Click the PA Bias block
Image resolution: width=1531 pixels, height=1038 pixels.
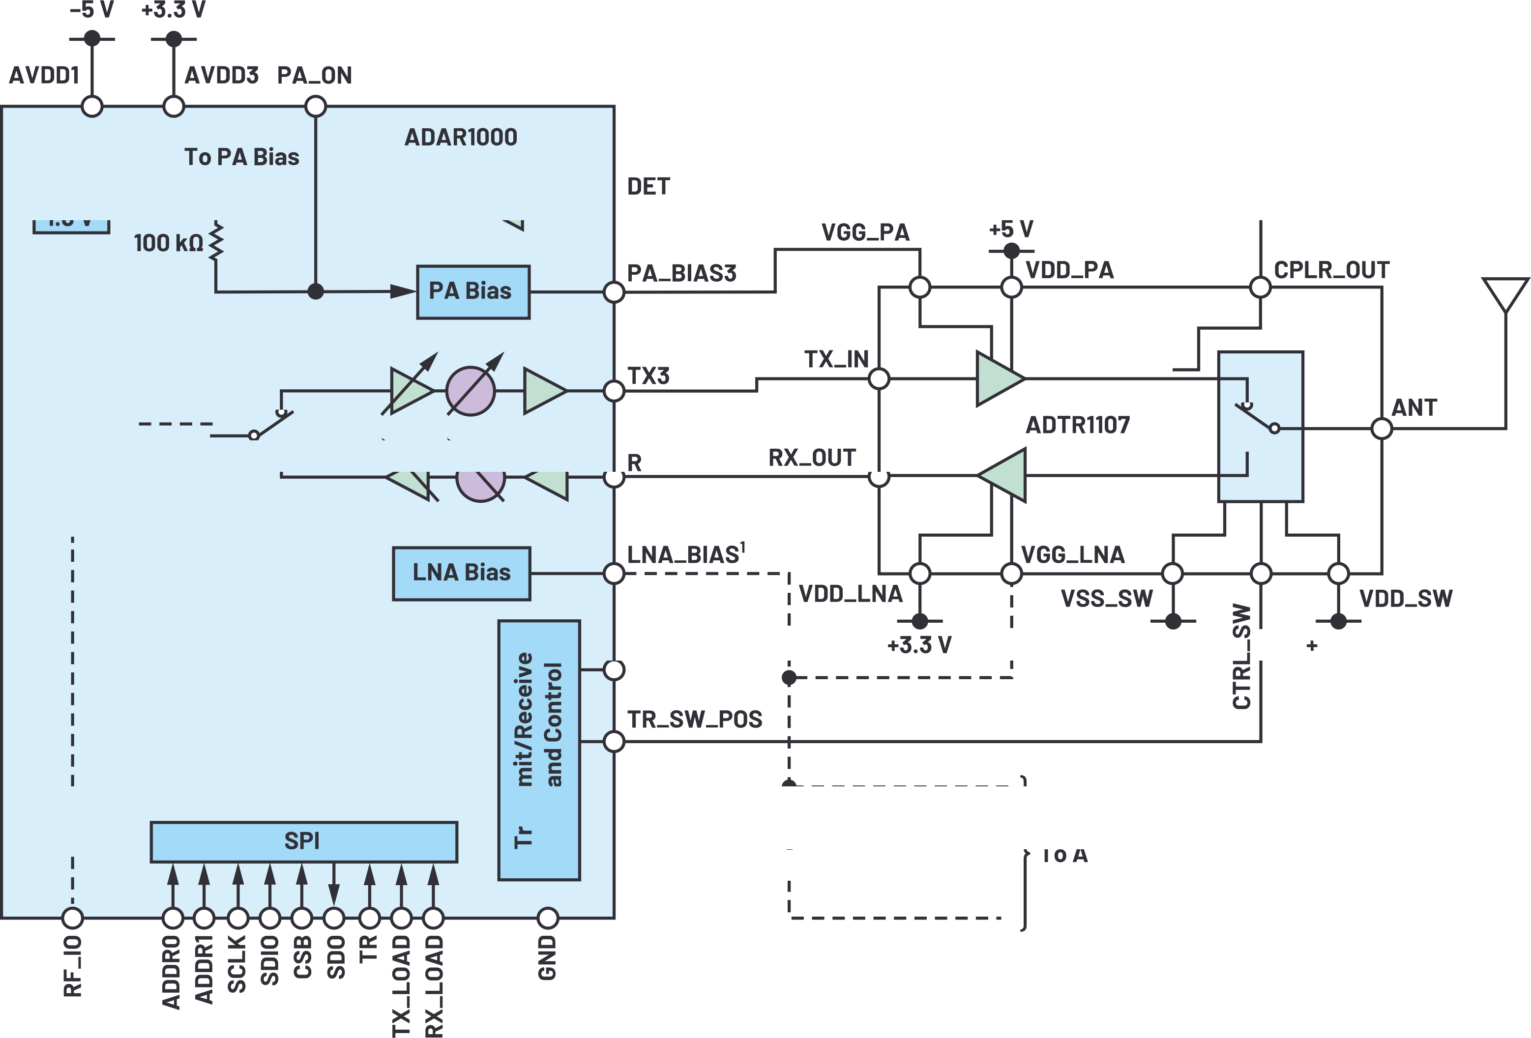472,292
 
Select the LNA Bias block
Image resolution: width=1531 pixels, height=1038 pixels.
461,573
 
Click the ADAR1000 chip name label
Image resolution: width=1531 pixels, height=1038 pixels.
461,137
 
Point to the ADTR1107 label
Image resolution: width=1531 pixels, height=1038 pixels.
1077,425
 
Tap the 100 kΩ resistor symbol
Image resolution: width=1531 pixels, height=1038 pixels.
216,242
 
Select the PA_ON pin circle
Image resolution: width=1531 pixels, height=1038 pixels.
316,106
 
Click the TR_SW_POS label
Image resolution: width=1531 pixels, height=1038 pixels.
694,719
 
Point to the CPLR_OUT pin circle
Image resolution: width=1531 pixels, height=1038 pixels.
1260,287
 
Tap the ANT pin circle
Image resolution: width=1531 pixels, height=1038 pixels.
1382,429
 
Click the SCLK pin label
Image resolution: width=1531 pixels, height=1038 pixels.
236,964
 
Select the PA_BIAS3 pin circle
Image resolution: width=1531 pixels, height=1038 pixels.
613,292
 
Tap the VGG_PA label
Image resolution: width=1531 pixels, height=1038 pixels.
865,232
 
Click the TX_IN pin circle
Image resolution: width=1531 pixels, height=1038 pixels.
879,379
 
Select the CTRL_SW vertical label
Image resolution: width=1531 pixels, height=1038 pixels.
1241,656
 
